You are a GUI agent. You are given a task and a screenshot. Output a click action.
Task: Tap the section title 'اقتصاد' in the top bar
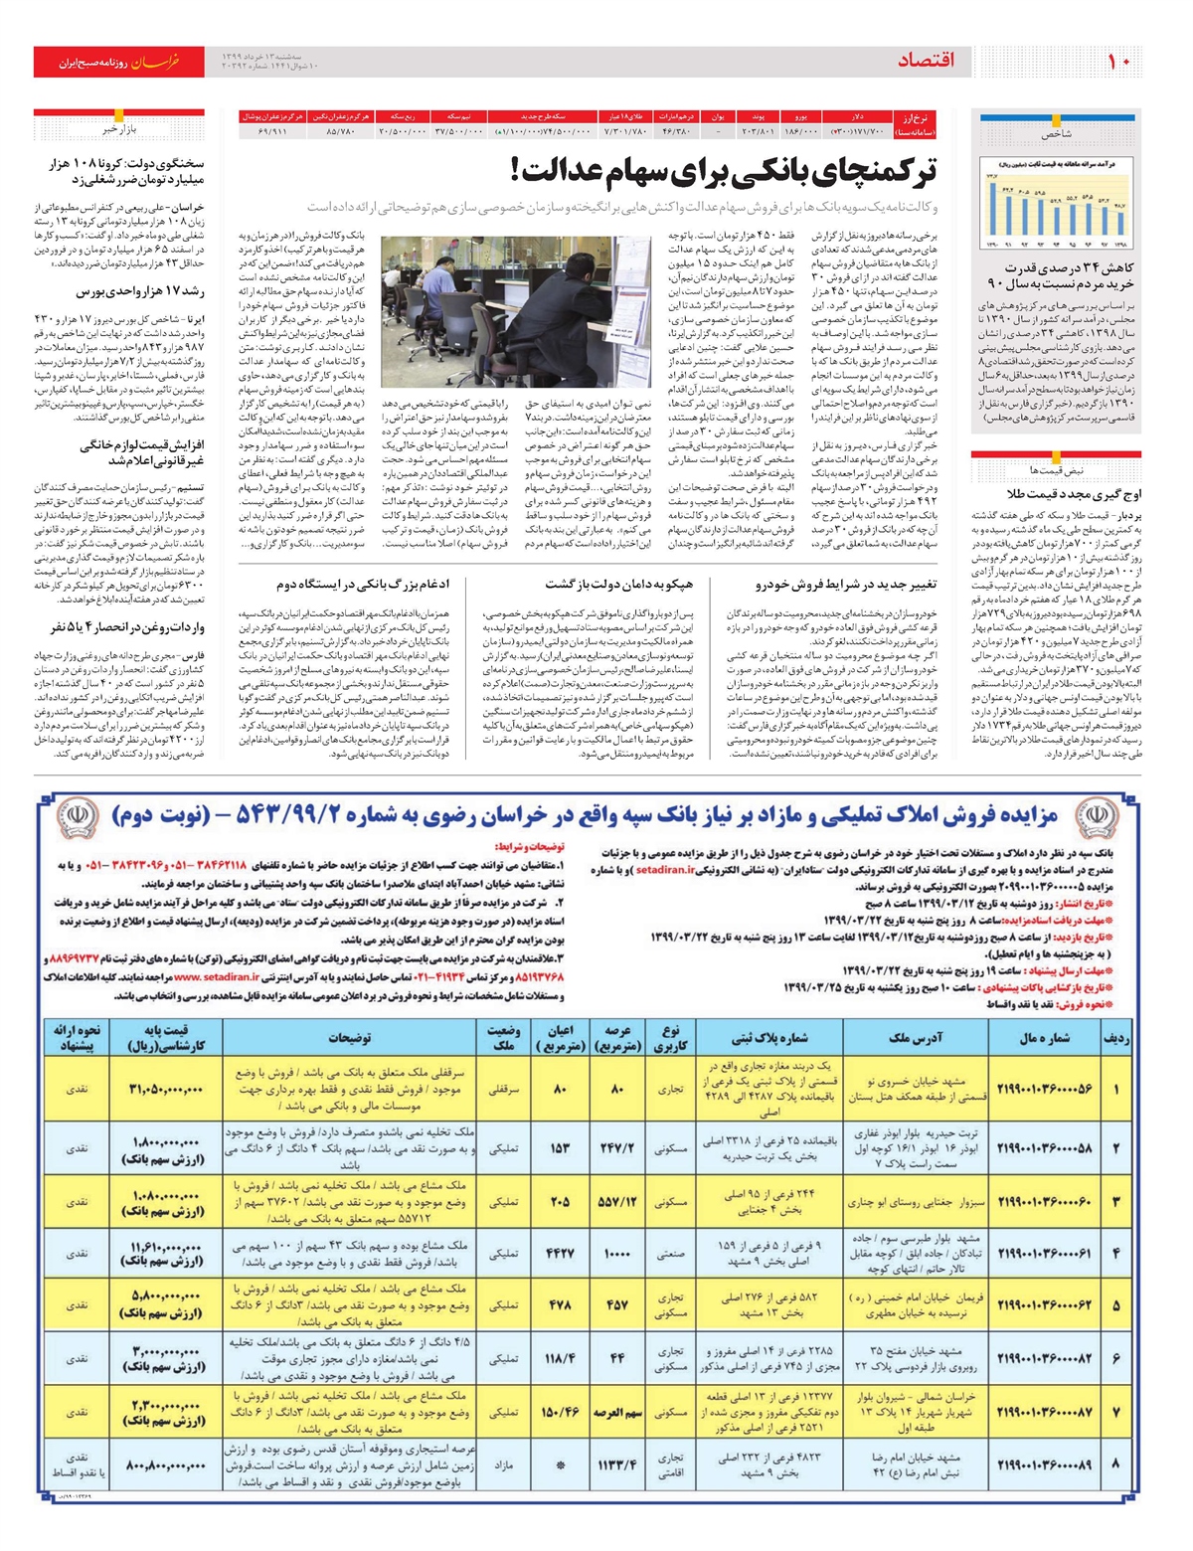pyautogui.click(x=926, y=61)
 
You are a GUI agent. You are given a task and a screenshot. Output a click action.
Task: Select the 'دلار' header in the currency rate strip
pyautogui.click(x=857, y=117)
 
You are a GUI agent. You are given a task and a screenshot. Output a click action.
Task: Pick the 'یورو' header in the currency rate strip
pyautogui.click(x=801, y=117)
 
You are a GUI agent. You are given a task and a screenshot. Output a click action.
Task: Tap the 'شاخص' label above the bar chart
pyautogui.click(x=1058, y=132)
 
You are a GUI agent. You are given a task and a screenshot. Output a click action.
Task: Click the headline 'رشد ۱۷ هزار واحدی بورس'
pyautogui.click(x=140, y=292)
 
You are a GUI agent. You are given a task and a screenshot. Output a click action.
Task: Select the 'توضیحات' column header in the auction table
pyautogui.click(x=350, y=1038)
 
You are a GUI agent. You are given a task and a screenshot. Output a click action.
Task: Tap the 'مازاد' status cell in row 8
pyautogui.click(x=504, y=1465)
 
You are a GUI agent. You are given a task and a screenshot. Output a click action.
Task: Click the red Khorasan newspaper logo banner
pyautogui.click(x=118, y=62)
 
